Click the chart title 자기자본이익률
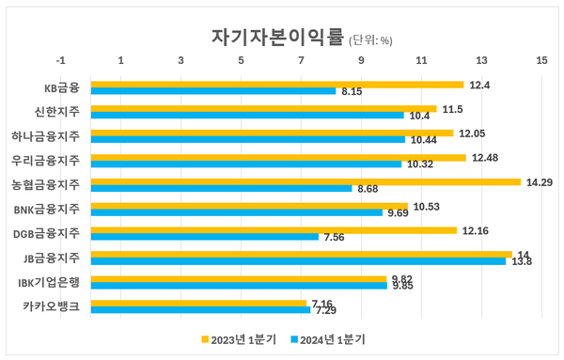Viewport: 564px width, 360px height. click(278, 37)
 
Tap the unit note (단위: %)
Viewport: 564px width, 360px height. click(371, 40)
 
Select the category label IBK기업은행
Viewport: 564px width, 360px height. click(50, 282)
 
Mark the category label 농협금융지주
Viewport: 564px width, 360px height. click(44, 185)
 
